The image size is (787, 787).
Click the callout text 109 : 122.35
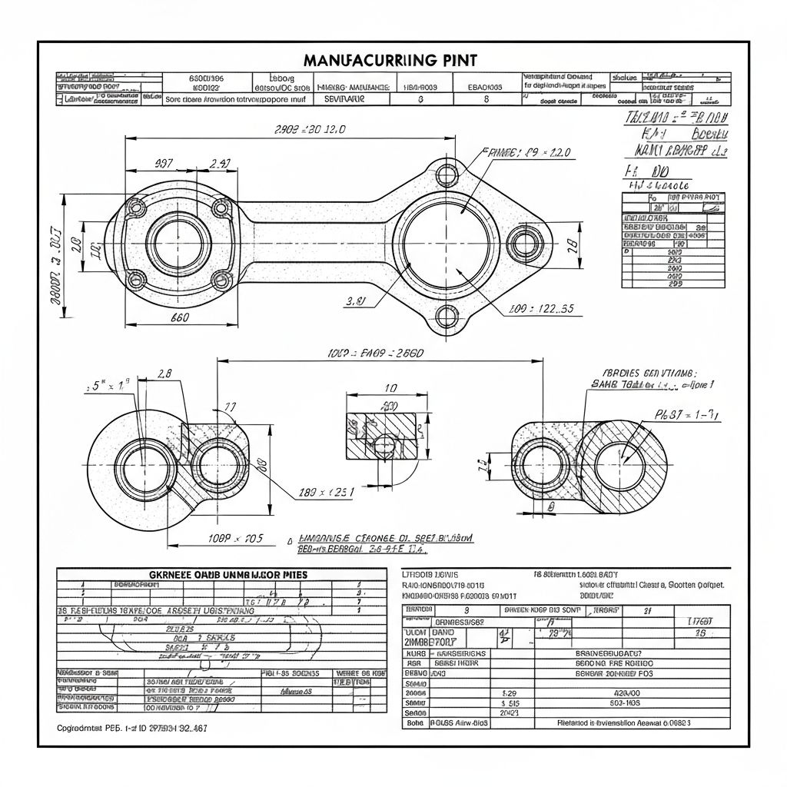click(542, 309)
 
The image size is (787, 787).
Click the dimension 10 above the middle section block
click(390, 388)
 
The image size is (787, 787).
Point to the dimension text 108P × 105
click(236, 538)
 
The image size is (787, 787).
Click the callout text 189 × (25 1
click(326, 492)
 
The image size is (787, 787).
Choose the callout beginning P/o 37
click(686, 415)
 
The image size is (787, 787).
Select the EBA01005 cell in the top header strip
click(485, 87)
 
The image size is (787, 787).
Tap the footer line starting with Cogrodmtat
click(132, 727)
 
